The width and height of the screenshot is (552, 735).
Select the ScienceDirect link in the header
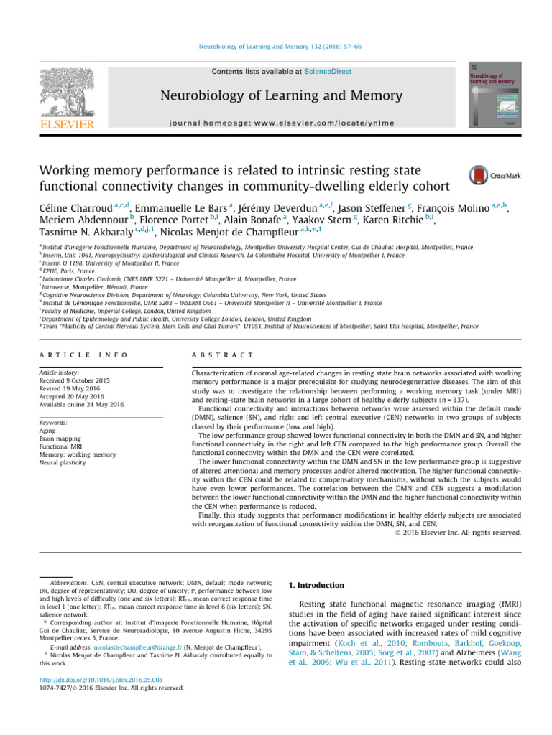click(x=304, y=72)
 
